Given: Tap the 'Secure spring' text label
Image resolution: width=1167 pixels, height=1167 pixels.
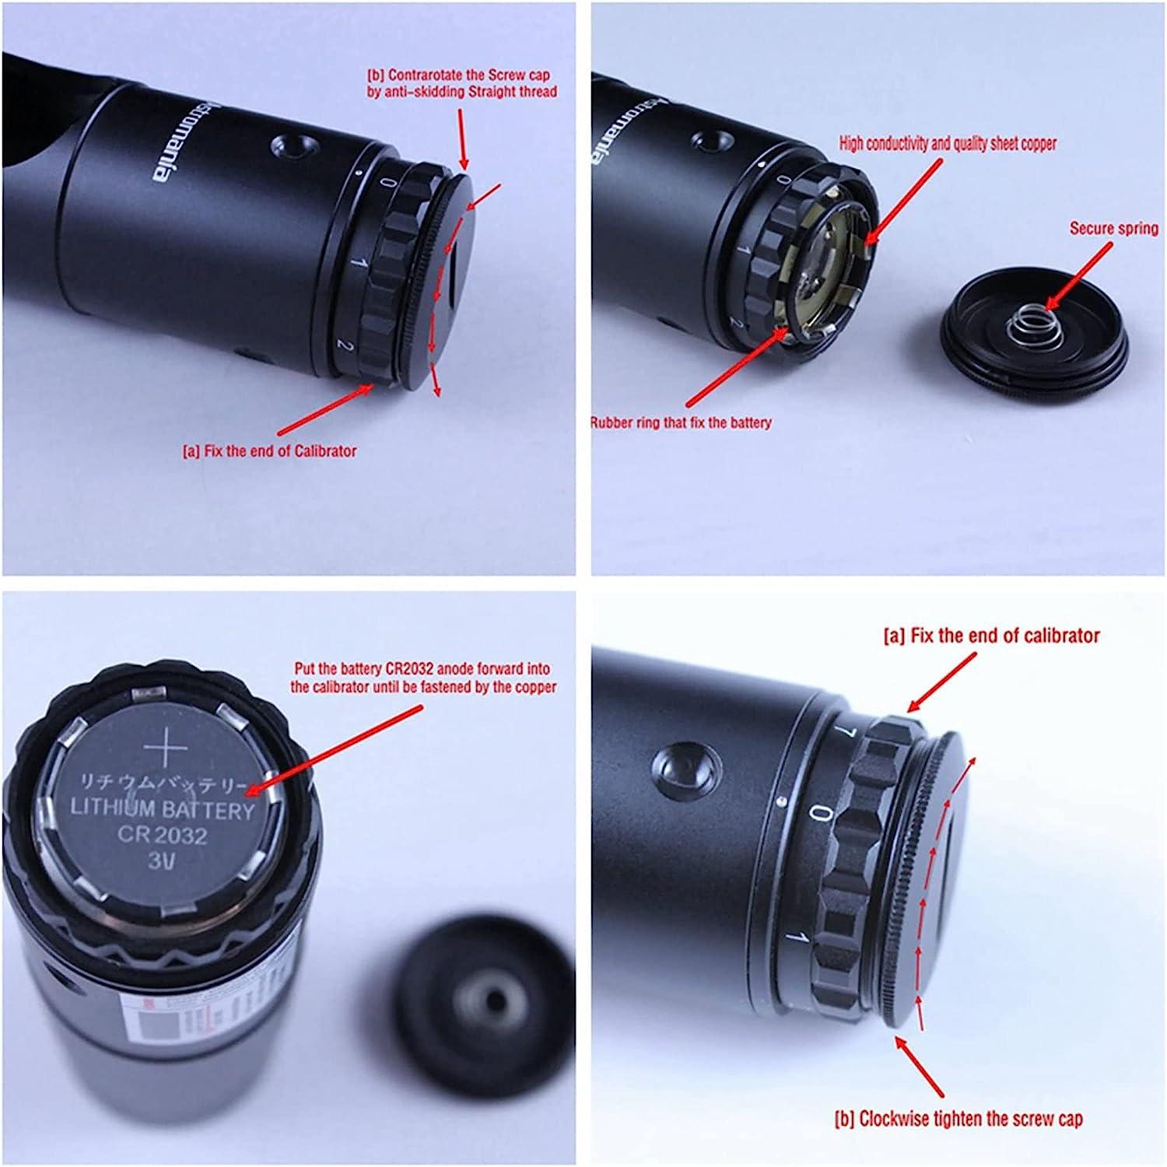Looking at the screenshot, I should click(x=1113, y=229).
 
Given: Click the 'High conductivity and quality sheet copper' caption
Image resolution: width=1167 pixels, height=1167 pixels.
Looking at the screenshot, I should click(x=948, y=143).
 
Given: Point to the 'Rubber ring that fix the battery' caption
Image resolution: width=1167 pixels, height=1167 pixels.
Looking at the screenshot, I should click(x=681, y=423).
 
